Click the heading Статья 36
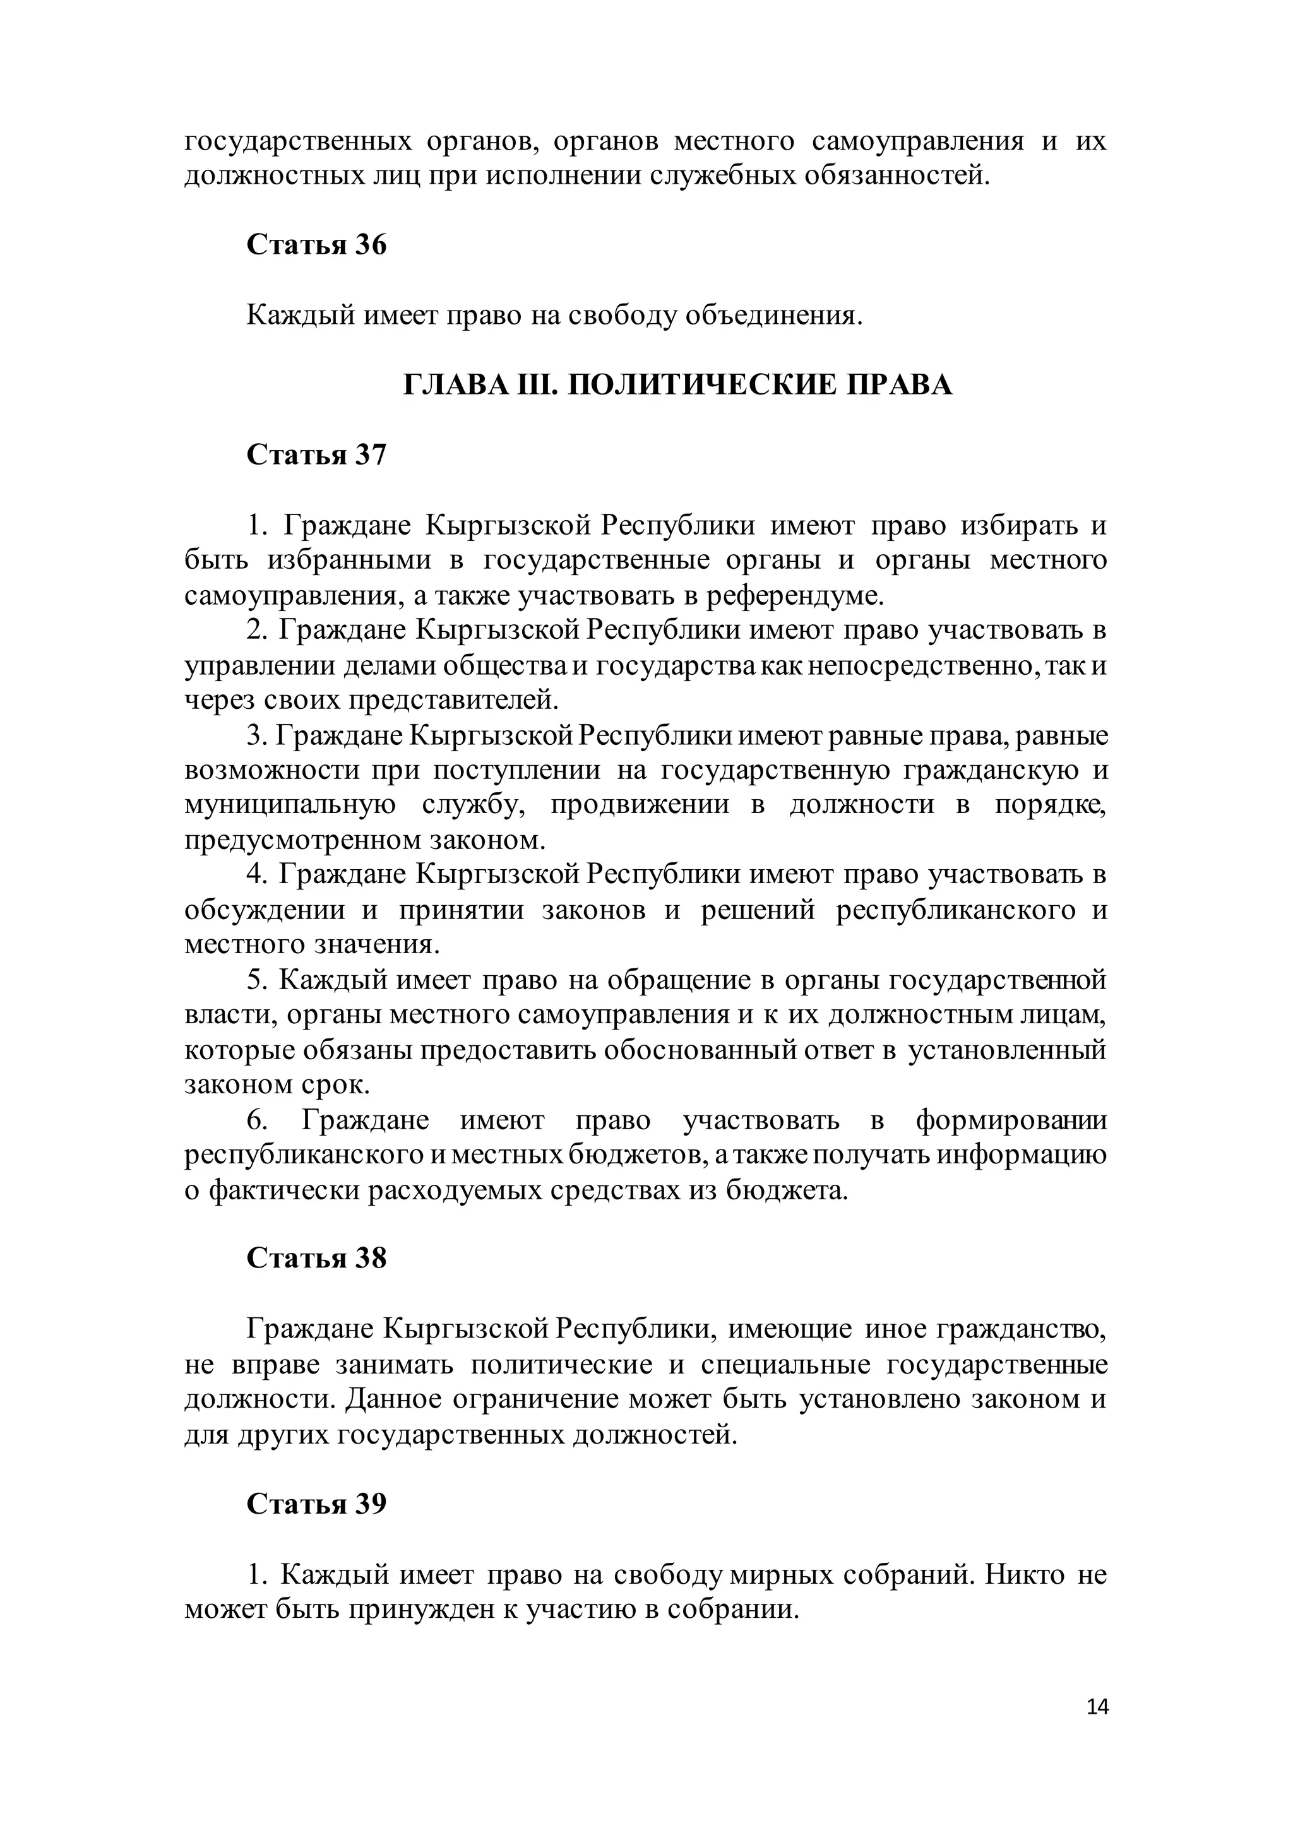pos(316,244)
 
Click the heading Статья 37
pos(316,454)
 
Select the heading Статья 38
pos(316,1258)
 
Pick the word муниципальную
pos(290,805)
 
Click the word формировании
pos(1010,1120)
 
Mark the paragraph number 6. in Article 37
pos(256,1120)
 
